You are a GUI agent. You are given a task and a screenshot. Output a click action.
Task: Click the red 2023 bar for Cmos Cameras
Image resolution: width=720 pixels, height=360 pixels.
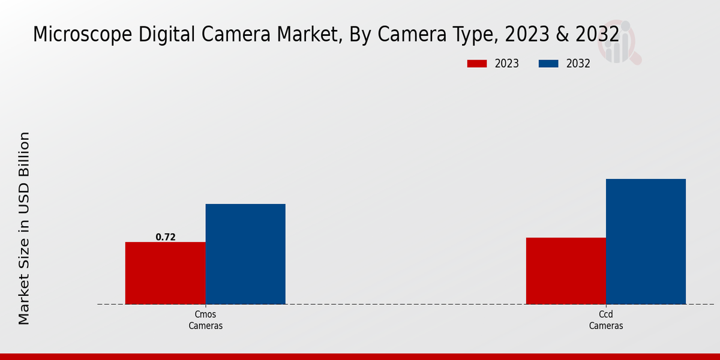pos(165,273)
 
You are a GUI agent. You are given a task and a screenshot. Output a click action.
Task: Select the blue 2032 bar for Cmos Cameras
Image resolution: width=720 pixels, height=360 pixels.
pos(245,254)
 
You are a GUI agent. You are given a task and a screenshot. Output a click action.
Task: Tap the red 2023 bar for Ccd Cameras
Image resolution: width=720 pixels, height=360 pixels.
pos(566,271)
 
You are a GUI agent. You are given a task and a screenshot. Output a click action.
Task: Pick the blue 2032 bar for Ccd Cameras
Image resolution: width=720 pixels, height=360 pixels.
pos(646,241)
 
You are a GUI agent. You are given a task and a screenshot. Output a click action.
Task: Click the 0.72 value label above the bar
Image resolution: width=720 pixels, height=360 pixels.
pos(166,237)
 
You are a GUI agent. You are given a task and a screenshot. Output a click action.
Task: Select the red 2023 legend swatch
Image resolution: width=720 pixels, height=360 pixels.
pos(477,64)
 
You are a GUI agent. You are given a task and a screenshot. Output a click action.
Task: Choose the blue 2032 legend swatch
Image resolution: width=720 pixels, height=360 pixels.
pos(549,64)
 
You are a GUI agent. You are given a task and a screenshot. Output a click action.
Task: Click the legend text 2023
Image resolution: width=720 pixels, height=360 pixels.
pos(507,64)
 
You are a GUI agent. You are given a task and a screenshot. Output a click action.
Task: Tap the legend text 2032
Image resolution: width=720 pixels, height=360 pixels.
pos(578,64)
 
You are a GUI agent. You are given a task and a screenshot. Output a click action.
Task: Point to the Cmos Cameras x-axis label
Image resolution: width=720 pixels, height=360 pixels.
pos(206,320)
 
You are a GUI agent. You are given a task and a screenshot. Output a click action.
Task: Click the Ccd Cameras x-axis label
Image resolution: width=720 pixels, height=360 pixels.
pos(606,320)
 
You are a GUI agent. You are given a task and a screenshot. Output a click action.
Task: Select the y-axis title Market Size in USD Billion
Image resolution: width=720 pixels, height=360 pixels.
pos(24,228)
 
